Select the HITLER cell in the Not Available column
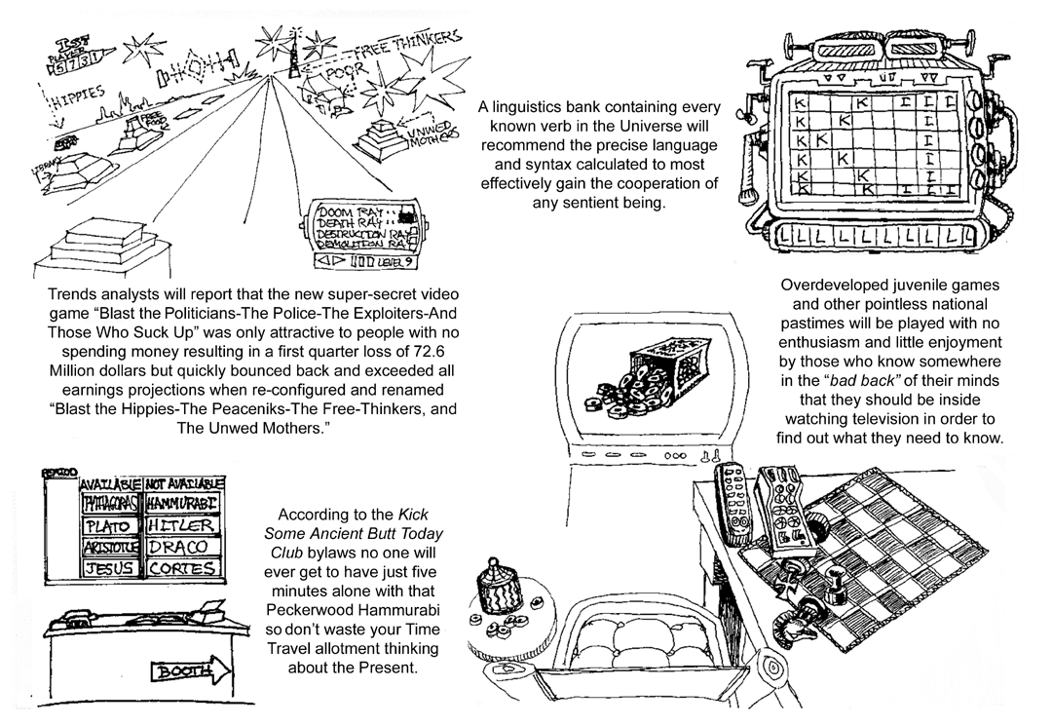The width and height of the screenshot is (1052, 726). [x=185, y=525]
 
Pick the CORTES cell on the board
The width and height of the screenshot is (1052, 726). [x=185, y=567]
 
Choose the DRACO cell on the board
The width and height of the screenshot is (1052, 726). [x=185, y=547]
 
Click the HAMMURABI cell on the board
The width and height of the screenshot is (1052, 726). [x=185, y=504]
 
